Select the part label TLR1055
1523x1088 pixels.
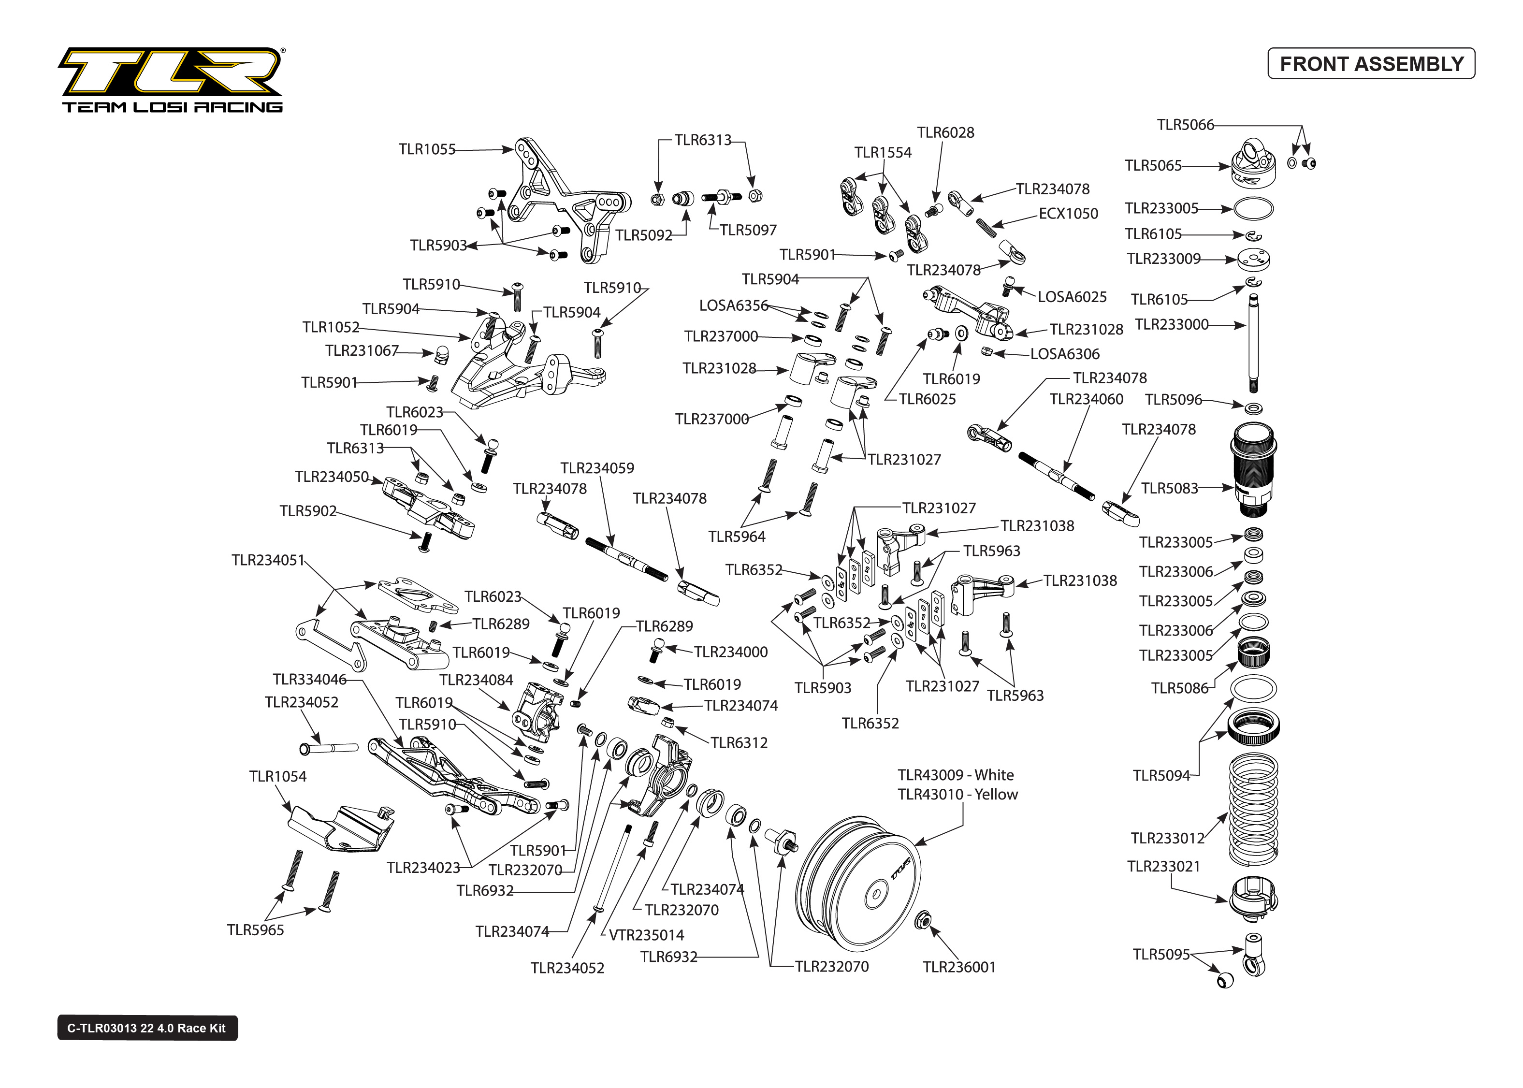pos(427,149)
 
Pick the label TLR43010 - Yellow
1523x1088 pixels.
pos(957,794)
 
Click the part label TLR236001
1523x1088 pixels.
pos(958,967)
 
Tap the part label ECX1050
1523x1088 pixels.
pos(1068,214)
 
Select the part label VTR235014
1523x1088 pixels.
pos(646,935)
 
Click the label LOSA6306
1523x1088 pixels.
pos(1064,354)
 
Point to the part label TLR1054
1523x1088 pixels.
pos(277,776)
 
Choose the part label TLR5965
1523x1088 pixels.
pos(255,930)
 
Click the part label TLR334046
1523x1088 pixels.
pos(309,679)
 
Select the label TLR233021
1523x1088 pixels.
pos(1163,866)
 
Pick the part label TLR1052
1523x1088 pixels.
pos(331,327)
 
